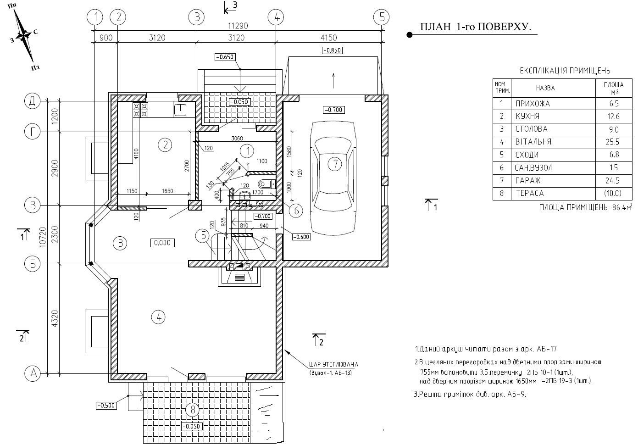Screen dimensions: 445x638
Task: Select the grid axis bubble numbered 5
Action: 381,17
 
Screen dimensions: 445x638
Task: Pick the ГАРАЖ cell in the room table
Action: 527,181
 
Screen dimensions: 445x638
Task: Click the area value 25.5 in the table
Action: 614,142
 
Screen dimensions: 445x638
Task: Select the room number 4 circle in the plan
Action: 159,317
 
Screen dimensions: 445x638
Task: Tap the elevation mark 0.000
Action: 162,243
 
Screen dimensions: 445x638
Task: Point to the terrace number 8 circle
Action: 193,410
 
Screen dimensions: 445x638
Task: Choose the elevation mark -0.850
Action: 332,50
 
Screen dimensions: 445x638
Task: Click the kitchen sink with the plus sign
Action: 181,109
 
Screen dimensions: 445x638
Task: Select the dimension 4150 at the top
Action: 328,38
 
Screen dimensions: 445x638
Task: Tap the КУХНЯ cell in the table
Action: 527,117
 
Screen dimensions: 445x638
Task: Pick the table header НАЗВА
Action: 545,88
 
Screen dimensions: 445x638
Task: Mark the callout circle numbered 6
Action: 296,211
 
